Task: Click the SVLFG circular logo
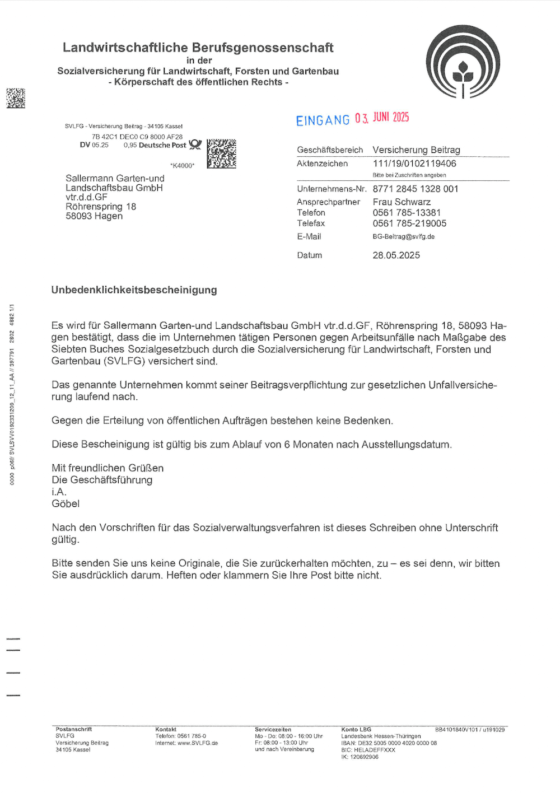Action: [463, 63]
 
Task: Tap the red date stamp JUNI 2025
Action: [391, 117]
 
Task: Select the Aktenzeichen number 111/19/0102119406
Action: [414, 164]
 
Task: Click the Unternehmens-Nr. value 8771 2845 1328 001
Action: [416, 189]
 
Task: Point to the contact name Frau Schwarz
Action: [402, 202]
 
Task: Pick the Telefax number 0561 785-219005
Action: [409, 223]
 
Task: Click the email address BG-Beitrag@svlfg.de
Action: [403, 236]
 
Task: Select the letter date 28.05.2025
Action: [396, 255]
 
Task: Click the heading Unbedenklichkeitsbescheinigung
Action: [134, 290]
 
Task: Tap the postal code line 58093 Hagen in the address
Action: [94, 216]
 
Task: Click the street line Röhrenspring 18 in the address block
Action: [101, 207]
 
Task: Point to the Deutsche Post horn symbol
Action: [195, 144]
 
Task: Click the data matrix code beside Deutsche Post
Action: [221, 154]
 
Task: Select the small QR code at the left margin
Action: [16, 98]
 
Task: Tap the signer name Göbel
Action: [66, 503]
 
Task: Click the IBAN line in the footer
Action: [389, 743]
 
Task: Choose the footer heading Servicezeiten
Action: [273, 730]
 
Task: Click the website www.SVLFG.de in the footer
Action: [198, 743]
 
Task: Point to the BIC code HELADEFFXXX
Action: [368, 750]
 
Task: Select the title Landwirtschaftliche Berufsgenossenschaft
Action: [198, 48]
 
